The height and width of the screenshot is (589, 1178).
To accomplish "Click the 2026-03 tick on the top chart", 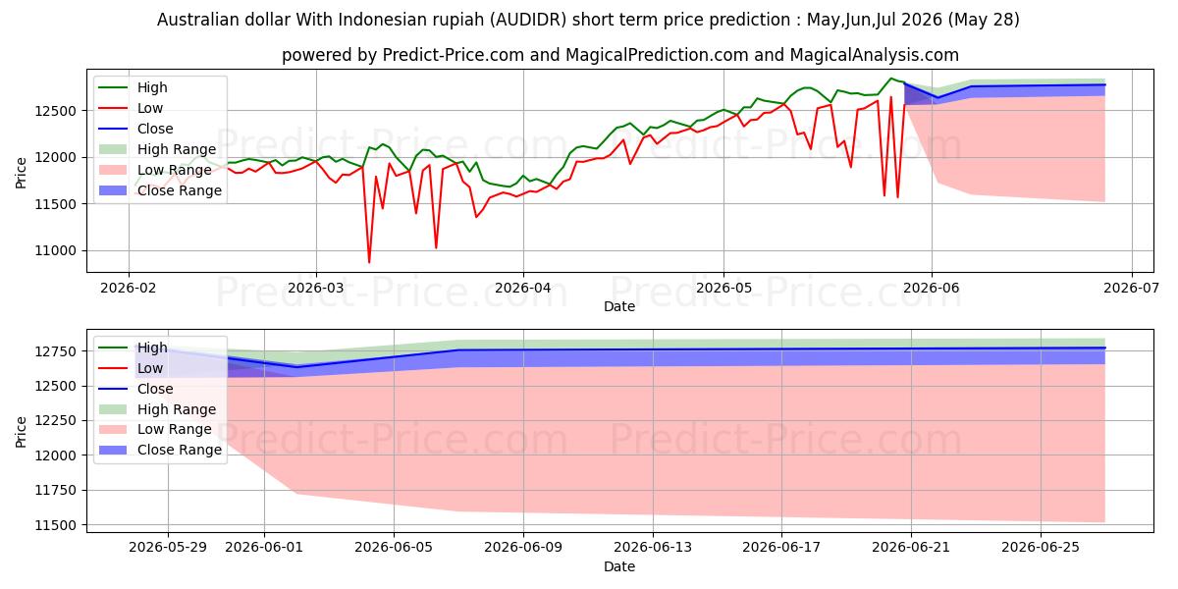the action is pyautogui.click(x=315, y=289).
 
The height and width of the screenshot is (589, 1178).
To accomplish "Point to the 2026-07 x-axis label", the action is pyautogui.click(x=1131, y=289).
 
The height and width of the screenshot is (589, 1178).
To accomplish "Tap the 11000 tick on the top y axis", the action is pyautogui.click(x=55, y=251).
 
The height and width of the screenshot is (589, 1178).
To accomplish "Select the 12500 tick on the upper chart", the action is pyautogui.click(x=55, y=111).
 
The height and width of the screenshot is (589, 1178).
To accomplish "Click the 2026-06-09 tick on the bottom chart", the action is pyautogui.click(x=523, y=548).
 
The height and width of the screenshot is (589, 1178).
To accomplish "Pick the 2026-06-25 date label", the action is pyautogui.click(x=1041, y=548).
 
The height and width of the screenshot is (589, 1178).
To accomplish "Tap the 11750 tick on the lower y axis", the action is pyautogui.click(x=55, y=490).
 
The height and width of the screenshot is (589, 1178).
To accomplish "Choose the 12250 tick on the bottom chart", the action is pyautogui.click(x=55, y=421).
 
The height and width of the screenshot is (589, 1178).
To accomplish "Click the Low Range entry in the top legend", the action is pyautogui.click(x=174, y=170).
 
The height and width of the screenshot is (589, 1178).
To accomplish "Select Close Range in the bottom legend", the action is pyautogui.click(x=180, y=450).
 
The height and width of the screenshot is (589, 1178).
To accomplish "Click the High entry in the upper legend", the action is pyautogui.click(x=152, y=87).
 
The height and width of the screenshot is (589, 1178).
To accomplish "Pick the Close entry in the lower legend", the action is pyautogui.click(x=155, y=389).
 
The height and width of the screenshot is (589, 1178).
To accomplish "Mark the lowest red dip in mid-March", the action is pyautogui.click(x=369, y=262).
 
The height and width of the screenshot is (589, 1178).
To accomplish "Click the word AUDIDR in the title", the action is pyautogui.click(x=528, y=20).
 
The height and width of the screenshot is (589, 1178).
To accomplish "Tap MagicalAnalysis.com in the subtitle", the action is pyautogui.click(x=874, y=55).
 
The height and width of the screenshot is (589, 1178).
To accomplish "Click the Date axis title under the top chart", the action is pyautogui.click(x=619, y=306).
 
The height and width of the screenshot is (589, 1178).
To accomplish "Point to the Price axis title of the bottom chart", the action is pyautogui.click(x=21, y=432).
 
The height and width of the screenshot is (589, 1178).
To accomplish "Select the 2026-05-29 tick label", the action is pyautogui.click(x=168, y=548).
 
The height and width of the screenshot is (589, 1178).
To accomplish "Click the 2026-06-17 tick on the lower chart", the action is pyautogui.click(x=781, y=548).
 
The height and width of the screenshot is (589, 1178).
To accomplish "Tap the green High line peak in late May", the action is pyautogui.click(x=891, y=79).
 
